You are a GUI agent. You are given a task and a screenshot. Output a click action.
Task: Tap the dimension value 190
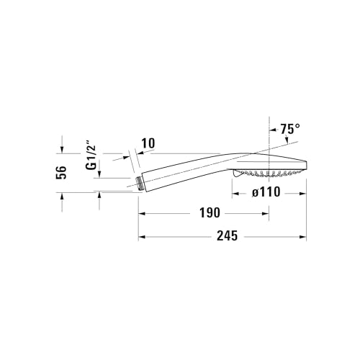210,214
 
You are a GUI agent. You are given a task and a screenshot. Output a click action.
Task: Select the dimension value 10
148,143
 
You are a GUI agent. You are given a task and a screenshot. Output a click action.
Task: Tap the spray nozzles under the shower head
267,174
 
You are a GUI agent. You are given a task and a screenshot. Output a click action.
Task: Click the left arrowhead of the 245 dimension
142,236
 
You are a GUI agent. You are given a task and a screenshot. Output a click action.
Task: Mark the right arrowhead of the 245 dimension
303,236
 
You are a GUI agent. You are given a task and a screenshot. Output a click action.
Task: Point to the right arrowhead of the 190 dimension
266,214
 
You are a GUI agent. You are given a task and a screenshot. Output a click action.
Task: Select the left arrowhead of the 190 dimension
142,214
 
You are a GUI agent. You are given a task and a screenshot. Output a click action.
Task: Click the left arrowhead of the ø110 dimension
235,193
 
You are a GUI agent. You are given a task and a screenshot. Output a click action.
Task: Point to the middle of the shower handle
187,169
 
